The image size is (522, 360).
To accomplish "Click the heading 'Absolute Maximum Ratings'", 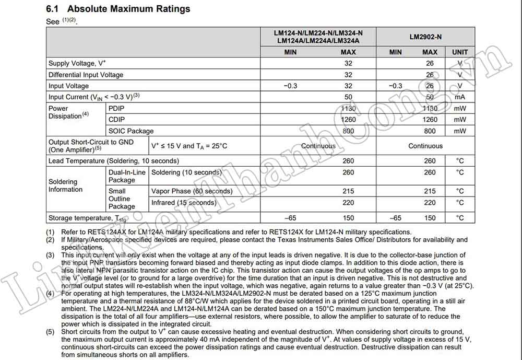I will [128, 9].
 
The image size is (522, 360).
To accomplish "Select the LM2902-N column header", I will [425, 37].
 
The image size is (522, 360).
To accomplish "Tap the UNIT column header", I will [459, 52].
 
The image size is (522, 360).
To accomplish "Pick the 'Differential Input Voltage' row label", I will [86, 75].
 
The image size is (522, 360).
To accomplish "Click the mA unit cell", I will [459, 97].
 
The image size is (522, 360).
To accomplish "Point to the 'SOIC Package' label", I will [130, 131].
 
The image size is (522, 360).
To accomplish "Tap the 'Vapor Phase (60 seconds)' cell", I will [192, 191].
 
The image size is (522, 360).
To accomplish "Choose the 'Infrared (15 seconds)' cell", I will [183, 203].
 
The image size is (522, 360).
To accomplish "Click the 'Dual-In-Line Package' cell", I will [127, 176].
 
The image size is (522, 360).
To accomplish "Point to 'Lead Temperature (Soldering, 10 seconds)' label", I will [113, 161].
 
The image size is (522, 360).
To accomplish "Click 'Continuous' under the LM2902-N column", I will [425, 146].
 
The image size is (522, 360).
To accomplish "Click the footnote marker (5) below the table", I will [50, 332].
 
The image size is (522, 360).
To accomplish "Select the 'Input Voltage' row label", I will [68, 86].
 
